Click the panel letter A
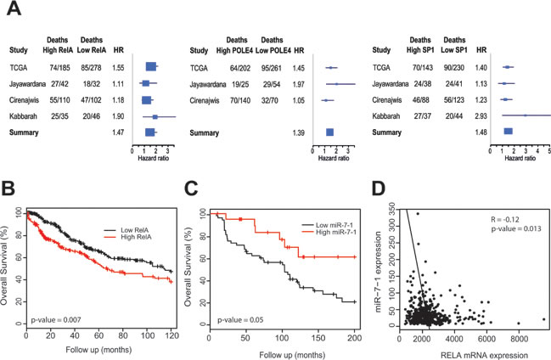[14, 8]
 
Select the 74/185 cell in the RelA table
[59, 68]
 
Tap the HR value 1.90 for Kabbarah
[118, 116]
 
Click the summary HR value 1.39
[299, 133]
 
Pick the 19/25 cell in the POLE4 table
[240, 84]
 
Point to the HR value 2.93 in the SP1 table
[481, 116]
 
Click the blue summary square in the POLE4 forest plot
[329, 132]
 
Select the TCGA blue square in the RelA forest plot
[151, 66]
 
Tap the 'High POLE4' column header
[234, 51]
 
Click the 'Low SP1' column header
[454, 50]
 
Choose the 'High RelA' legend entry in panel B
[136, 237]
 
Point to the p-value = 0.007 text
[56, 320]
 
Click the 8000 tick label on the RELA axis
[519, 339]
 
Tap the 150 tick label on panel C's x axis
[318, 338]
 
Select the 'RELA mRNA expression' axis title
[484, 355]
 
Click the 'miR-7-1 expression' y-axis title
[379, 272]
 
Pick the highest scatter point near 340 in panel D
[418, 214]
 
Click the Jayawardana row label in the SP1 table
[391, 84]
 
